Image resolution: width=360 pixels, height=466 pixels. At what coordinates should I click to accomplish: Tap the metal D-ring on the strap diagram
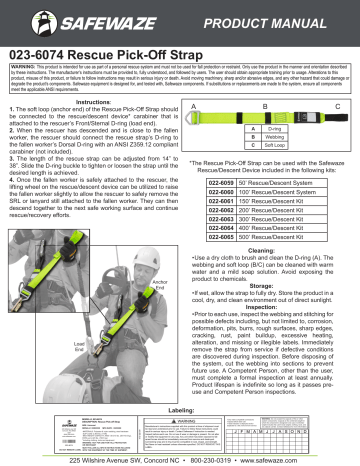(196, 123)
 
